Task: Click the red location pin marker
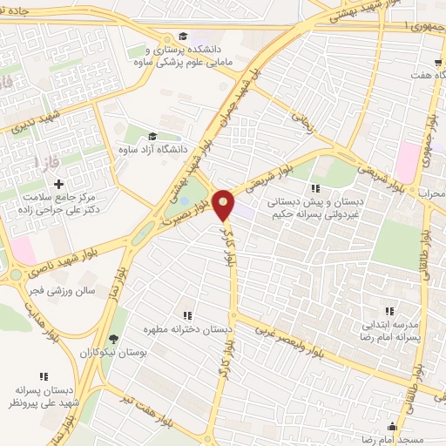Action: pyautogui.click(x=225, y=203)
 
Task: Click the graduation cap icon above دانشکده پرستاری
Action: pyautogui.click(x=183, y=36)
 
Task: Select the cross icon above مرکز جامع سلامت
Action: pyautogui.click(x=59, y=184)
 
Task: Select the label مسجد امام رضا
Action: pyautogui.click(x=393, y=441)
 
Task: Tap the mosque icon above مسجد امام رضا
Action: pyautogui.click(x=393, y=426)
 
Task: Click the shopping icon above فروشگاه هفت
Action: pyautogui.click(x=438, y=63)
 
